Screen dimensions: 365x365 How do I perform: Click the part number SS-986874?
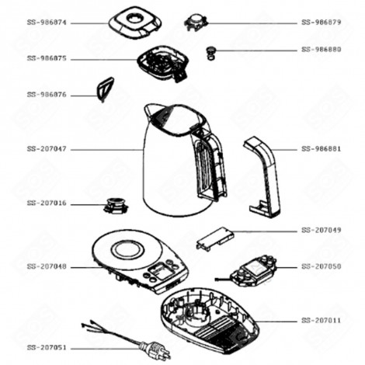(x=47, y=23)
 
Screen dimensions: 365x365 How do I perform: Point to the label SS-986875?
(x=47, y=58)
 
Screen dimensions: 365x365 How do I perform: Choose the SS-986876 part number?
(x=47, y=94)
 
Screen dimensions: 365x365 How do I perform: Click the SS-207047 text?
(x=47, y=148)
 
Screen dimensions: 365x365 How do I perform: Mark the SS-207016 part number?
(x=47, y=203)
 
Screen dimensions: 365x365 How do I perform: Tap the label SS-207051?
(x=47, y=347)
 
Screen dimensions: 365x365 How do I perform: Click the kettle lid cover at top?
(x=134, y=22)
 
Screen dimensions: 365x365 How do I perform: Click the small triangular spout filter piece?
(x=103, y=90)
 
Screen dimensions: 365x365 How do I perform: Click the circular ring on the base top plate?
(x=126, y=251)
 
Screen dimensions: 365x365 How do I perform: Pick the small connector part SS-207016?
(x=115, y=206)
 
